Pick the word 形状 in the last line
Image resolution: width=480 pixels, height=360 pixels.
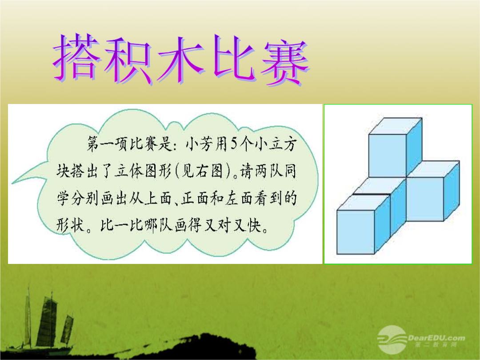[x=70, y=226]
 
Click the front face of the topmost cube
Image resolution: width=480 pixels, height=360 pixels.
[x=387, y=156]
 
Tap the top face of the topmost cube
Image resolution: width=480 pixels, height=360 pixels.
[x=395, y=126]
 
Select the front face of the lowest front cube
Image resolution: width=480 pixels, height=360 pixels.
[x=356, y=232]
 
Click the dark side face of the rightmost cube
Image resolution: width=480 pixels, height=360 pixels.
[x=452, y=191]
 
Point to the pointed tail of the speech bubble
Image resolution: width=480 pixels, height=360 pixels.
[x=13, y=183]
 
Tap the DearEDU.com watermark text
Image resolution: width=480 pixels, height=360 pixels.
[x=436, y=338]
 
